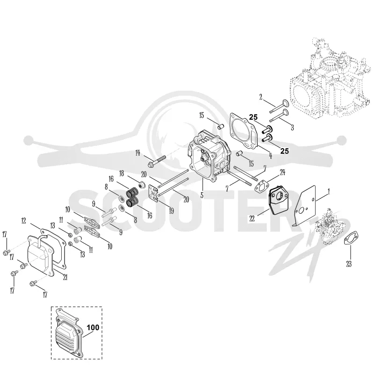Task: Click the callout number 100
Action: click(x=93, y=327)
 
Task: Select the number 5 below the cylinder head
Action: click(x=202, y=195)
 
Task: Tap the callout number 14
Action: click(x=137, y=153)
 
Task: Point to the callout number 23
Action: click(x=349, y=264)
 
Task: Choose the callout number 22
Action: click(x=252, y=218)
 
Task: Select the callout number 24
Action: click(x=282, y=172)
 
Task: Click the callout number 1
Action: click(x=329, y=192)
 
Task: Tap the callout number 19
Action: click(x=171, y=211)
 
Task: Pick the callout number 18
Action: click(x=122, y=173)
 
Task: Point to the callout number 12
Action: click(x=23, y=221)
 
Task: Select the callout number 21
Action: click(x=65, y=277)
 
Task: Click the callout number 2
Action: click(x=261, y=97)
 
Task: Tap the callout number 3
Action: click(x=292, y=127)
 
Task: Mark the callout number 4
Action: click(x=270, y=156)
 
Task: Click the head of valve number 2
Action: click(x=286, y=103)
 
